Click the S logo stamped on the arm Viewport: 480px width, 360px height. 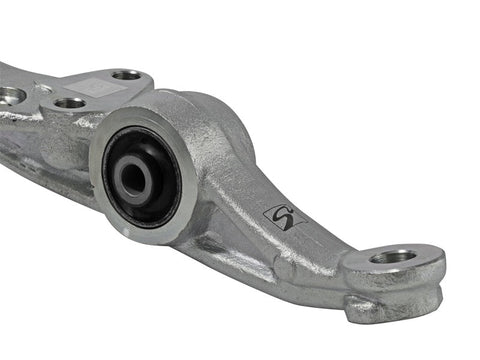[x=285, y=217]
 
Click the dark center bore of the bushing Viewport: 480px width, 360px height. [x=133, y=179]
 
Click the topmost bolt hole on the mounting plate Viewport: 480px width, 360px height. [x=126, y=74]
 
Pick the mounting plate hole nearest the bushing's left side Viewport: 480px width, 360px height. [x=70, y=102]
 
